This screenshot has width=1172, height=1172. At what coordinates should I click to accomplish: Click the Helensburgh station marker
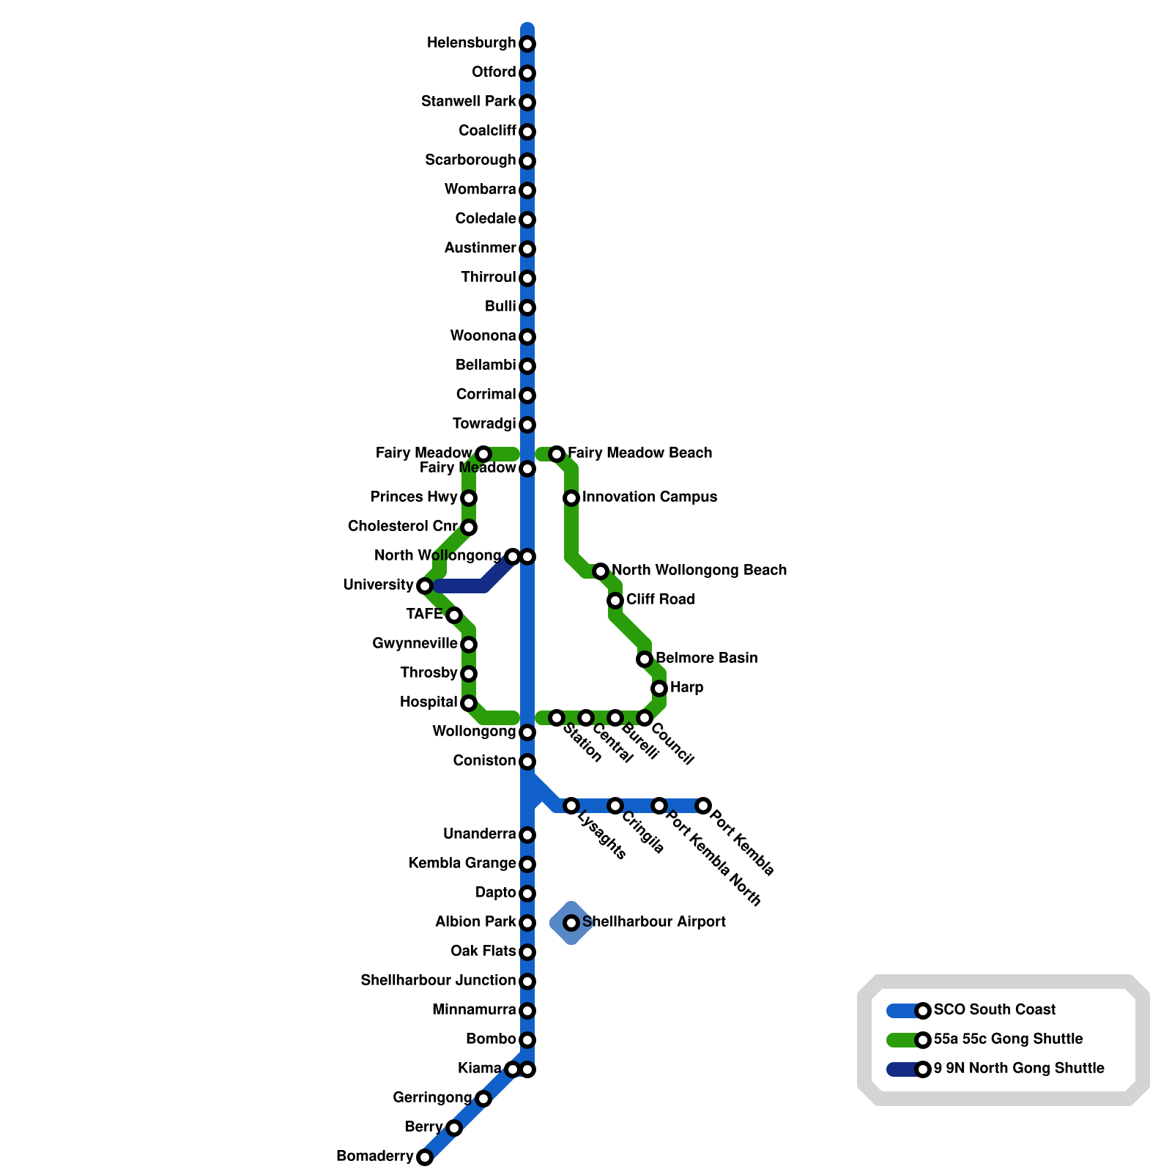point(527,44)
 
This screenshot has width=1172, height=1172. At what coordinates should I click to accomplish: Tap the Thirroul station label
point(488,278)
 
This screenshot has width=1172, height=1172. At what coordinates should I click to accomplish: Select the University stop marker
point(425,586)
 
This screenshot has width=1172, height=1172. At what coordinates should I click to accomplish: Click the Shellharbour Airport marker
point(571,923)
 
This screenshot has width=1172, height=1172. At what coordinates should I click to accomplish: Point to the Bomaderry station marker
point(425,1157)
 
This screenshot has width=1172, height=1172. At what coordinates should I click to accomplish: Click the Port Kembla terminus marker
point(703,806)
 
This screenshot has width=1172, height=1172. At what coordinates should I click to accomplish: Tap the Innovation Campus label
point(649,497)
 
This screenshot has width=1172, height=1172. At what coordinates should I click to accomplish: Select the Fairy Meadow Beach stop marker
point(557,454)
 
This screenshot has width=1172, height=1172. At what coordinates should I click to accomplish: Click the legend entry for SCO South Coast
point(994,1010)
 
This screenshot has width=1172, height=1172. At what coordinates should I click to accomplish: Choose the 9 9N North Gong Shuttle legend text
point(1018,1069)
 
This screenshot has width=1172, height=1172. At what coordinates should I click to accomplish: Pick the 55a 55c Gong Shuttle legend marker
point(923,1040)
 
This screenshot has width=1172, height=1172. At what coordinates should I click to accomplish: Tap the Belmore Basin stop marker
point(645,659)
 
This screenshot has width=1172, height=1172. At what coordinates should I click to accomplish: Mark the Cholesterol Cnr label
point(402,527)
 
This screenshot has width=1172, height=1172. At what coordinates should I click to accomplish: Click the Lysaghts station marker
point(571,806)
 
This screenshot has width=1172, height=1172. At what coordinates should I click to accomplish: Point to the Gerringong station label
point(432,1098)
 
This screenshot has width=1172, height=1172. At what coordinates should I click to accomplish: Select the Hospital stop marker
point(469,703)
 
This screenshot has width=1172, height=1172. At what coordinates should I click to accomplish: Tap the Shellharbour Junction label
point(437,981)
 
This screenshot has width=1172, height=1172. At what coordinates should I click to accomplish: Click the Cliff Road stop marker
point(615,601)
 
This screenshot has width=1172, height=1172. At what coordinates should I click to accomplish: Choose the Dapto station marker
point(527,894)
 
